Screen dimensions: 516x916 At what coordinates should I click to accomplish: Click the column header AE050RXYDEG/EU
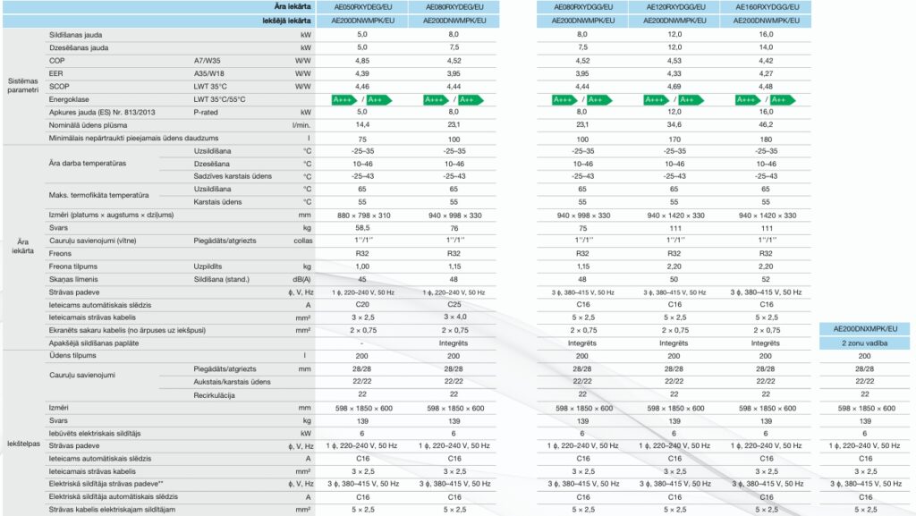point(362,6)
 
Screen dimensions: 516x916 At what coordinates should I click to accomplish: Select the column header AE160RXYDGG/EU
point(765,6)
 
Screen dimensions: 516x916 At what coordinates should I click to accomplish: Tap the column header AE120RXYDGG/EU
point(674,6)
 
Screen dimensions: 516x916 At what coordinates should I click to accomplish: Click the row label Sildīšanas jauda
point(76,33)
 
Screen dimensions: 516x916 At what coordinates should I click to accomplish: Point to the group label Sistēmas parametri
point(23,86)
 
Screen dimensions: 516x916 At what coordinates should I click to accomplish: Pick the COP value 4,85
point(362,60)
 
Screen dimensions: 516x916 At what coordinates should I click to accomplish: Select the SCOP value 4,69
point(674,86)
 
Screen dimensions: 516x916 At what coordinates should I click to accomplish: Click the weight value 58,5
point(362,228)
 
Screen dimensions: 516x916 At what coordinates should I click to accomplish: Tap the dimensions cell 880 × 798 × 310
point(362,216)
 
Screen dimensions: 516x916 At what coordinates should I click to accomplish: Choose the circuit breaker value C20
point(362,305)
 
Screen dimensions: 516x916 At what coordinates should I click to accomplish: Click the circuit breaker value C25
point(454,305)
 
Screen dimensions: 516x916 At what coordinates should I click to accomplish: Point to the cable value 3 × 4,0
point(454,317)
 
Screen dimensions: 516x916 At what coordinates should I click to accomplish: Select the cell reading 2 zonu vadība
point(864,343)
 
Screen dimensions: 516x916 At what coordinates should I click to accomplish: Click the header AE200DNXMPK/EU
point(864,329)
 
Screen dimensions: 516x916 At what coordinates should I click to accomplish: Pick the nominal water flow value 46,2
point(765,126)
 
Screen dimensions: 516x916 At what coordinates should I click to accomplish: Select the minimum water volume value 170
point(674,140)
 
